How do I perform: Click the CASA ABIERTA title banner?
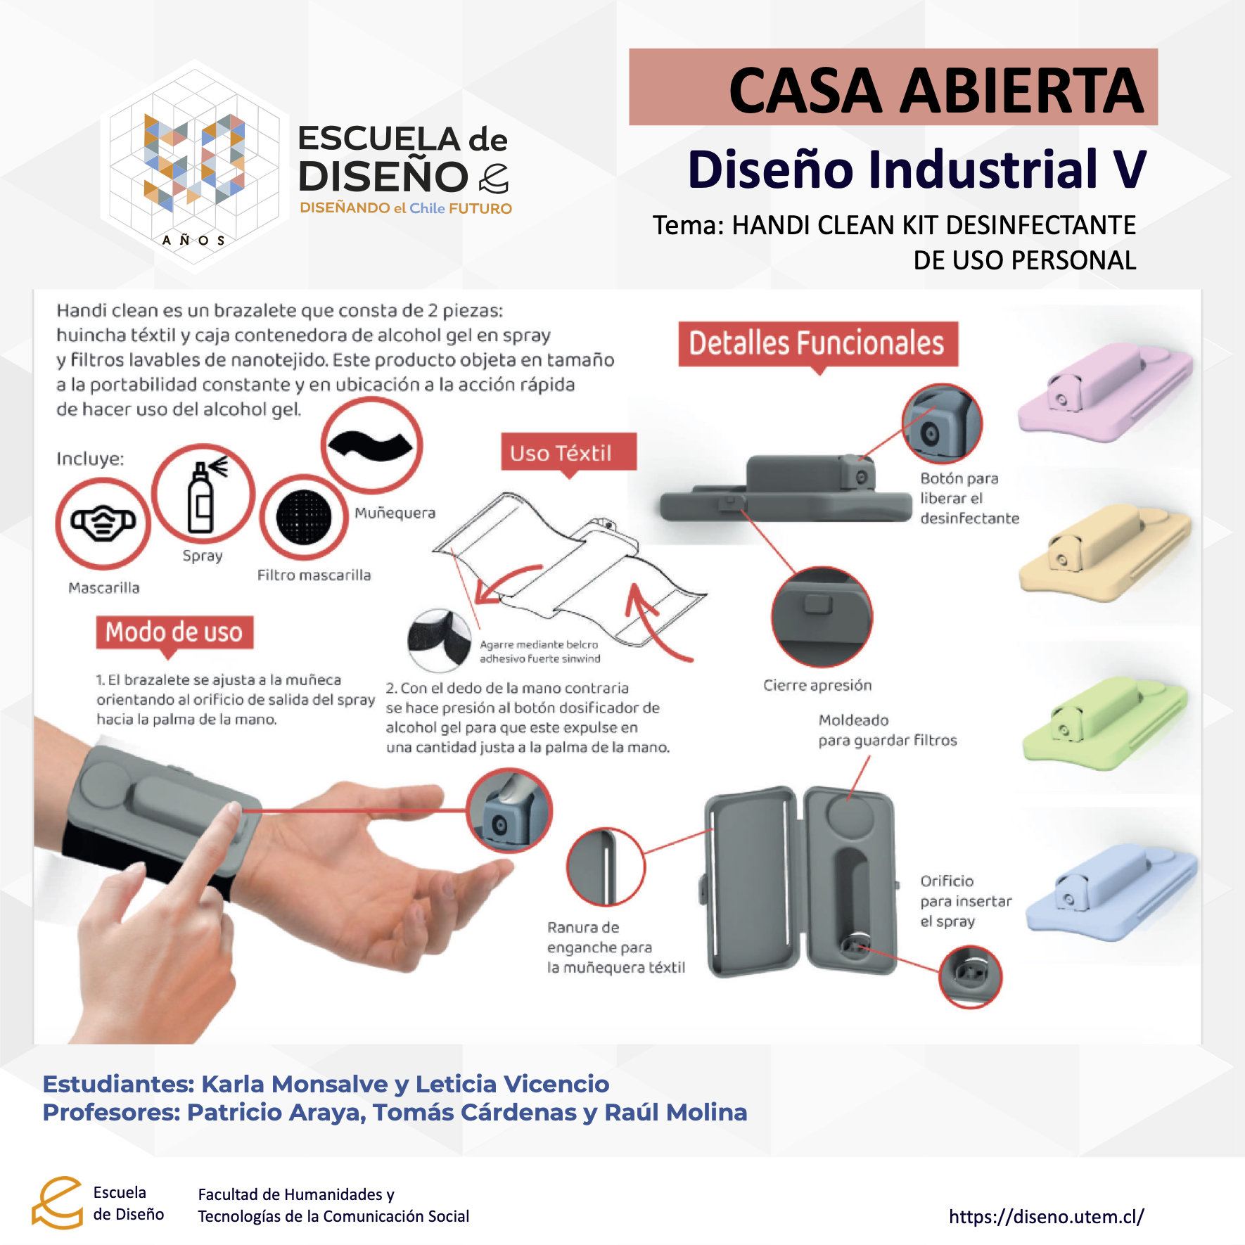[893, 87]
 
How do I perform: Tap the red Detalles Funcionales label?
[818, 344]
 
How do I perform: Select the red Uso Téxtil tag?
[568, 452]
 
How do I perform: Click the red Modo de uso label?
[174, 632]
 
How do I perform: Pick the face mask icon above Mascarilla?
[103, 523]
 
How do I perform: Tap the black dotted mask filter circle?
[304, 517]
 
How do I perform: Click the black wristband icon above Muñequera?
[371, 446]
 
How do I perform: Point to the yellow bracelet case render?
[1104, 553]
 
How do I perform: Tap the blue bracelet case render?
[1111, 891]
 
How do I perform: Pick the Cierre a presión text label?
[817, 685]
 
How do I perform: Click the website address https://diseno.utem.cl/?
[1047, 1216]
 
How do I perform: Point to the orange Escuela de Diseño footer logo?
[58, 1203]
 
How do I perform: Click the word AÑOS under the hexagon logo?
[193, 241]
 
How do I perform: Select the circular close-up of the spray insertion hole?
[971, 976]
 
